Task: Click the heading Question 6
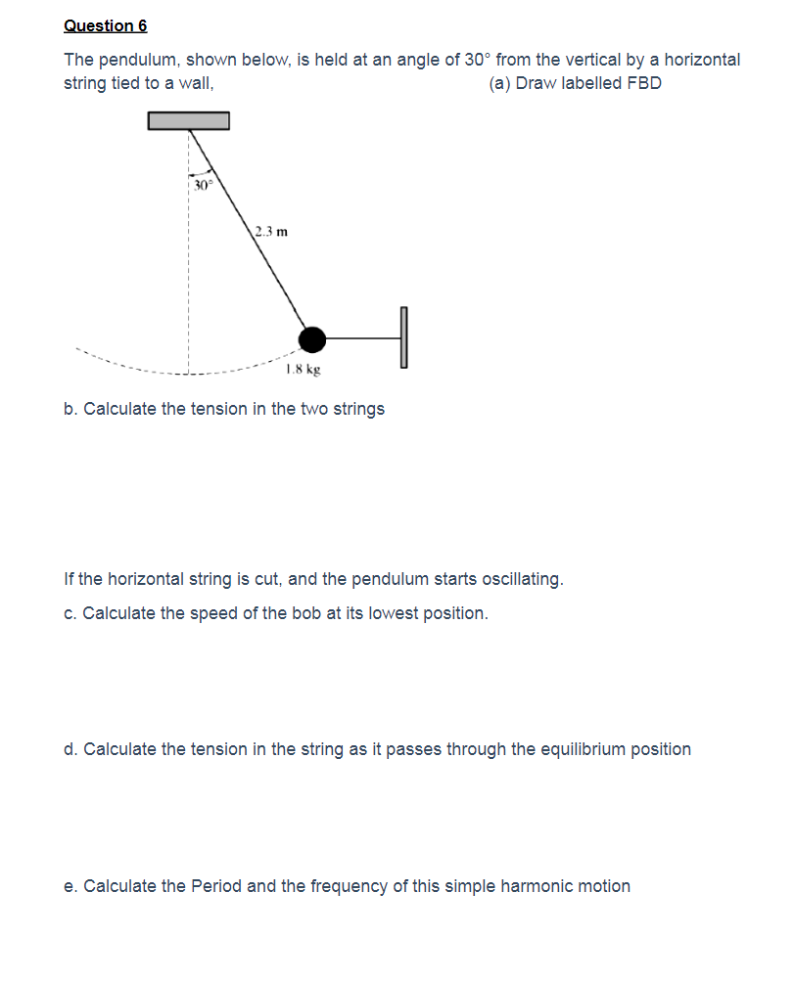click(105, 25)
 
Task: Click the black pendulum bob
click(312, 338)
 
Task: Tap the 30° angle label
click(202, 185)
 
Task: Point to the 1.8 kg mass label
click(303, 370)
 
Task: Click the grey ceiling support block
click(189, 120)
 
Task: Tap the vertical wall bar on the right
click(402, 337)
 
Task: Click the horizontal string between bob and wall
click(362, 338)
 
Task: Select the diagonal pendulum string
click(250, 230)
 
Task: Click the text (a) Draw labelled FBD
click(575, 83)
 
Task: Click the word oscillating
click(516, 579)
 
